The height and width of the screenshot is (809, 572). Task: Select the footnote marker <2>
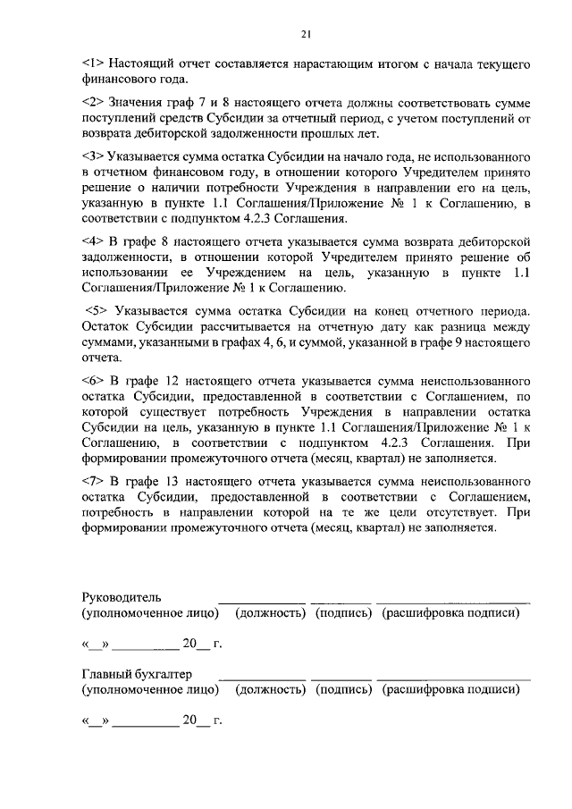[x=93, y=105]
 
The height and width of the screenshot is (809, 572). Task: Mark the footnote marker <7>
[x=93, y=481]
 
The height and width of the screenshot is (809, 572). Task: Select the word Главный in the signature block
[x=105, y=674]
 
